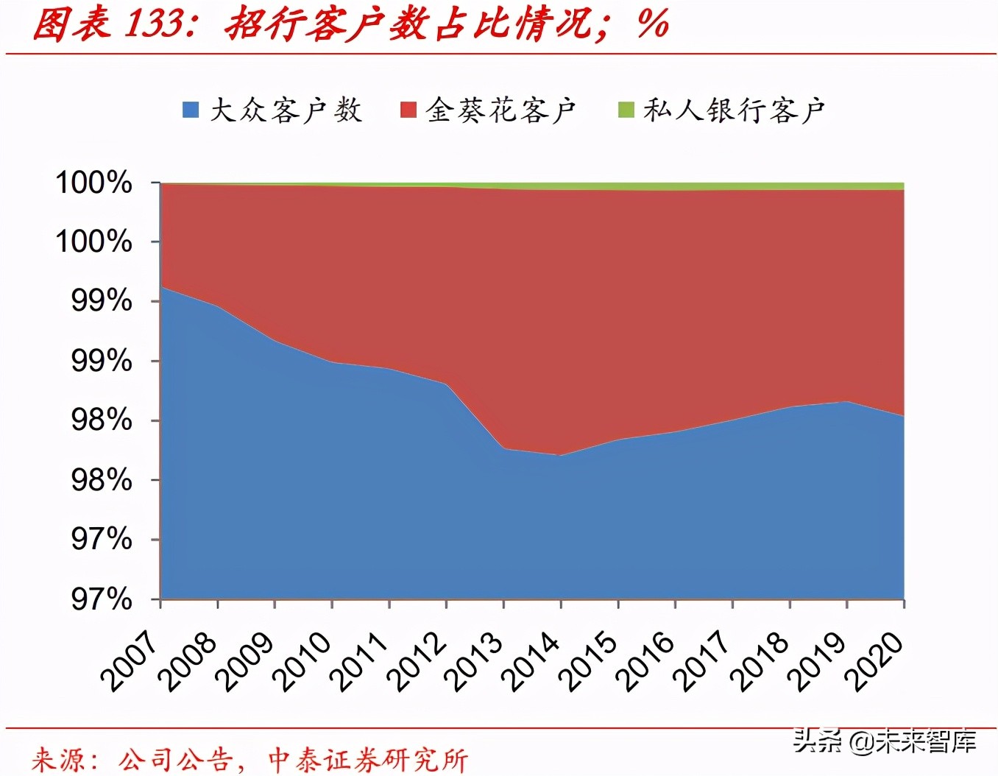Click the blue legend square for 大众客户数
[x=191, y=110]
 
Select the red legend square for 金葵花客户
[x=408, y=110]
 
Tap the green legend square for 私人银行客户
[x=626, y=110]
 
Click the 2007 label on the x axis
[x=130, y=660]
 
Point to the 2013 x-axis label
[x=474, y=660]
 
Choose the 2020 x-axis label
[x=874, y=660]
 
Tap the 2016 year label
[x=645, y=660]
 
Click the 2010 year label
[x=302, y=660]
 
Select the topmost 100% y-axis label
[x=94, y=182]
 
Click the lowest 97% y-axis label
[x=102, y=599]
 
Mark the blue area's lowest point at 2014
[x=561, y=456]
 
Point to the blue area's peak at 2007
[x=162, y=287]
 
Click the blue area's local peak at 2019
[x=847, y=401]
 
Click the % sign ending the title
[x=653, y=24]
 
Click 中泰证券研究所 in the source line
[x=367, y=759]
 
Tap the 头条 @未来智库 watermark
[x=884, y=741]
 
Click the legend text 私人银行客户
[x=734, y=110]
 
